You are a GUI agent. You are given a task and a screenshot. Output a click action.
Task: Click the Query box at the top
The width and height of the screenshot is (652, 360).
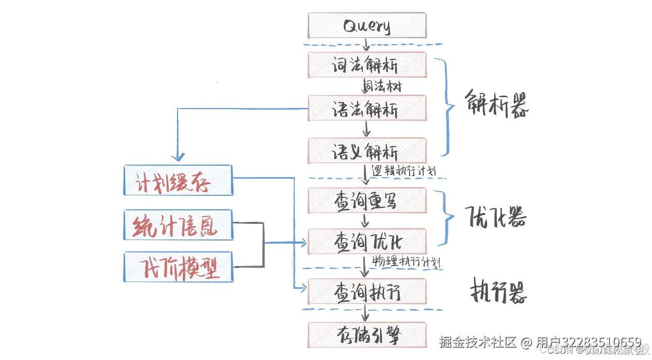366,25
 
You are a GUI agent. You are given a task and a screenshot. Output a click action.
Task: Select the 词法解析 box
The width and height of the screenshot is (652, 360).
366,65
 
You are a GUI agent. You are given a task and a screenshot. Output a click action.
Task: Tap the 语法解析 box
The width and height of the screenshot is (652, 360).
366,108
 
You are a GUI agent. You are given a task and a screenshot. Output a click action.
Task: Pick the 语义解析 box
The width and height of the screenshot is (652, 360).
366,151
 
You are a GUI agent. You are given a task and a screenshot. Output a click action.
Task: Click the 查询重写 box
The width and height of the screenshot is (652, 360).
366,201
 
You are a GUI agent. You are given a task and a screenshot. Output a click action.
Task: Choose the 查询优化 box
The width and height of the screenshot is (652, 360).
366,242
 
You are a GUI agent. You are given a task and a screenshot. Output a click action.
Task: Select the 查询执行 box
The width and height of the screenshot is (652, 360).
366,292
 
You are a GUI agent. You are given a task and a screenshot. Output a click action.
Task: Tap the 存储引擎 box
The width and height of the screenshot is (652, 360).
366,335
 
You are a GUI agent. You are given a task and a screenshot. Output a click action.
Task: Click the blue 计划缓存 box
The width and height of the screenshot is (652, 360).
178,180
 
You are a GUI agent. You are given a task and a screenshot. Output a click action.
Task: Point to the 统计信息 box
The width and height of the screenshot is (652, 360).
178,225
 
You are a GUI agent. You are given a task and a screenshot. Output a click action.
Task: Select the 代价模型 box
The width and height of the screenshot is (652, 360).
178,268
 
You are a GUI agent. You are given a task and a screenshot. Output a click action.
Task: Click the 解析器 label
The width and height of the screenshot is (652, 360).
496,104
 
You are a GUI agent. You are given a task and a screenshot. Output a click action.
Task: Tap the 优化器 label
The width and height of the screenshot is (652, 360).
496,217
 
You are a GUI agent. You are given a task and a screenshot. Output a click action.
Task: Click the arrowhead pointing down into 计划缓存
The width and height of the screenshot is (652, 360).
178,156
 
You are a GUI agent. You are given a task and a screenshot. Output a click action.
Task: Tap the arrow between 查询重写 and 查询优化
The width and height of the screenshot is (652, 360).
365,221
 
